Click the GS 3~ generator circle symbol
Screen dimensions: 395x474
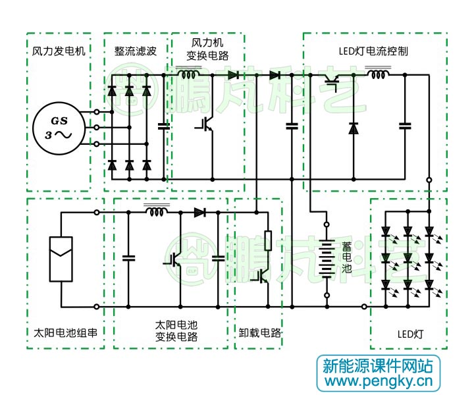click(59, 127)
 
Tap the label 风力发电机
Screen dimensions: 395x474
click(59, 51)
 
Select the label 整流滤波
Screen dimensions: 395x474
click(136, 51)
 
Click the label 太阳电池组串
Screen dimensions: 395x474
click(65, 333)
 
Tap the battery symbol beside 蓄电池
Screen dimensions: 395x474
click(325, 259)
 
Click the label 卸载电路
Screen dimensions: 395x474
click(259, 333)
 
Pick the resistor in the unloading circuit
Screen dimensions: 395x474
click(268, 240)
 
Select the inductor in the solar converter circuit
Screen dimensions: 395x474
click(157, 212)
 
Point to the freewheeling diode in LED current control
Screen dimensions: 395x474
click(354, 128)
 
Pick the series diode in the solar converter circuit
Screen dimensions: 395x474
click(200, 212)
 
